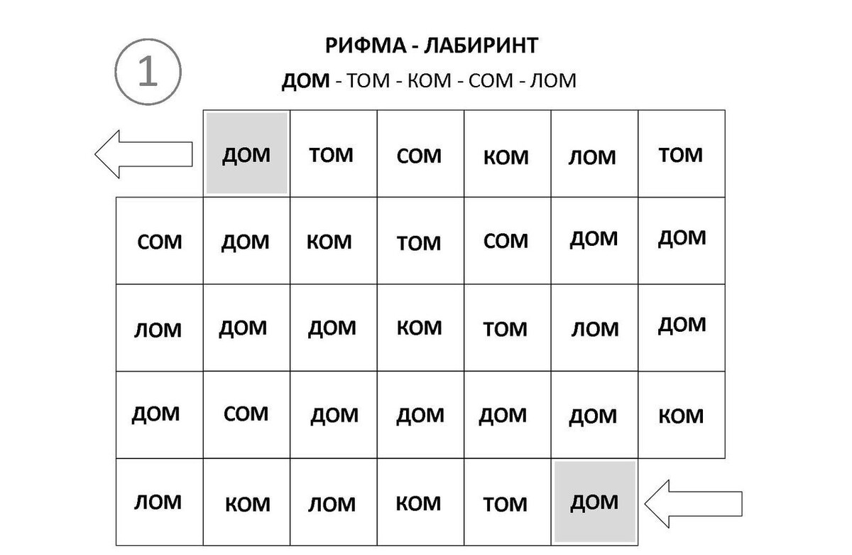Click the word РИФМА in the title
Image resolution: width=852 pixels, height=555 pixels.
(x=366, y=45)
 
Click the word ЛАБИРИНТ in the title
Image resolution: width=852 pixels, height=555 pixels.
(x=481, y=45)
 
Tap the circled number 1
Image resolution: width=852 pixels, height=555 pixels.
(x=148, y=72)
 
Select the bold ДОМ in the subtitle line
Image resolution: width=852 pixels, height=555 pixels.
(x=305, y=81)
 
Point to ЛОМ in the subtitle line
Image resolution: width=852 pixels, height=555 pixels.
(x=553, y=81)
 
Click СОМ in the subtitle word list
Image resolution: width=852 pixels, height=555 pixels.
(x=491, y=81)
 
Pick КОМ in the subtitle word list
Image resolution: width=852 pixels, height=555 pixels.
(x=429, y=81)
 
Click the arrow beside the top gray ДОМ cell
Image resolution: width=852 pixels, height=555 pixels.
(x=143, y=154)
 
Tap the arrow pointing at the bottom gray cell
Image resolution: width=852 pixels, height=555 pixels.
(x=693, y=504)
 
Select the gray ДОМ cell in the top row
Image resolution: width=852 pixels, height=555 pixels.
(x=246, y=153)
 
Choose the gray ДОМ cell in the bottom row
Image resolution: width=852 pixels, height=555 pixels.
(x=594, y=502)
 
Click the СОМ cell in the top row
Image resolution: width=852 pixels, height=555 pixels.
(x=420, y=153)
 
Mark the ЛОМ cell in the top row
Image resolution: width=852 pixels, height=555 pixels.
(x=594, y=153)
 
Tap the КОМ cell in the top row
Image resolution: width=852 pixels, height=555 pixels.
(x=508, y=153)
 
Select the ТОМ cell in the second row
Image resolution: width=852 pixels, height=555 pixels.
(x=420, y=241)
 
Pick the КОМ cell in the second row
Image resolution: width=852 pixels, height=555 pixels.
(x=334, y=241)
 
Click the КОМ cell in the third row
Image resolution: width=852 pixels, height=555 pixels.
(x=420, y=328)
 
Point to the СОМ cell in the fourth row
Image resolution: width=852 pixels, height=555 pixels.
(x=246, y=415)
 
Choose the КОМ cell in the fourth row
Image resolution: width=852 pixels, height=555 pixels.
(x=682, y=415)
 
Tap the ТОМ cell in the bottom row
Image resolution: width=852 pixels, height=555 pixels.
(x=508, y=502)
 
